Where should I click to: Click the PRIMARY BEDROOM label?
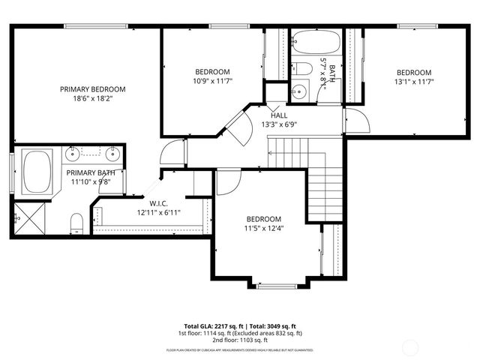point(92,88)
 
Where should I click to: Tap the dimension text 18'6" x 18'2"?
point(92,98)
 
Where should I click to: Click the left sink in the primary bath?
point(73,155)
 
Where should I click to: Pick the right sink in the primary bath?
point(113,155)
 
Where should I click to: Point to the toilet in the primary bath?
point(76,221)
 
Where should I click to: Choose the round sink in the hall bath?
point(300,92)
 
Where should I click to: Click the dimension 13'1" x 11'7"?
point(414,82)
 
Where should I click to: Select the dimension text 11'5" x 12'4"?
point(264,228)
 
